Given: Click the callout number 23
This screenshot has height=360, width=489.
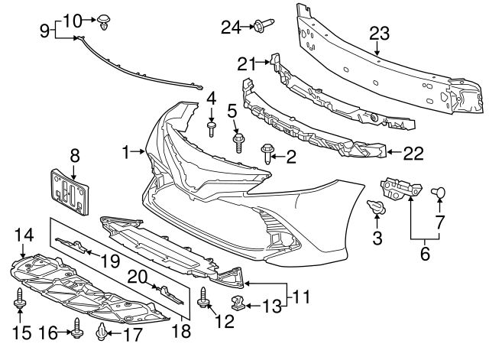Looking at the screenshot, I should click(x=379, y=34).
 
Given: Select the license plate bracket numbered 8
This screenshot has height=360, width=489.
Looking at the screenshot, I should click(x=70, y=195).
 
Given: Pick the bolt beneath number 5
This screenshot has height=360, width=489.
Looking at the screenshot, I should click(x=238, y=142).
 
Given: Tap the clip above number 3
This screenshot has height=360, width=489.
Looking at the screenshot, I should click(x=375, y=207).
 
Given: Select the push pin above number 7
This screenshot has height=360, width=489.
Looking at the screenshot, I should click(x=439, y=192).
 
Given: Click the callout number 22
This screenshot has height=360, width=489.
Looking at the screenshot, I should click(x=413, y=154).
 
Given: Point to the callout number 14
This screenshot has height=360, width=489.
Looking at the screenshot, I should click(x=24, y=235).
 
